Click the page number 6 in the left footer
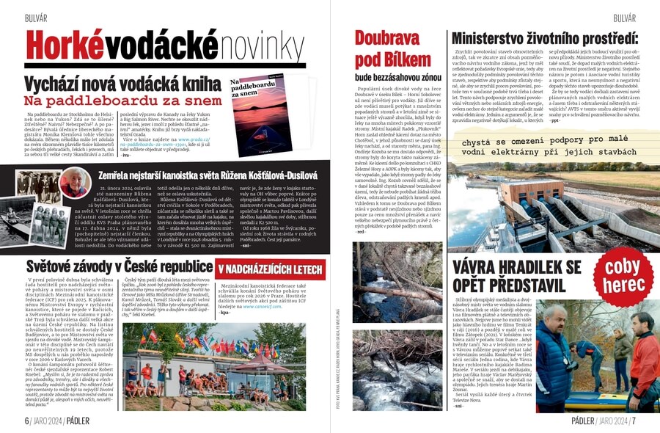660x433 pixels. click(x=27, y=421)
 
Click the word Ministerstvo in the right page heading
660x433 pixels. click(x=496, y=38)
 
